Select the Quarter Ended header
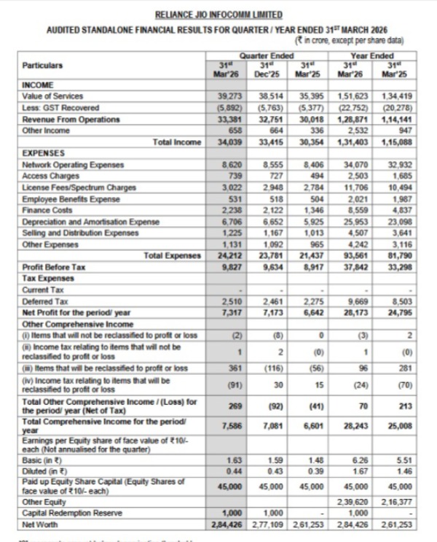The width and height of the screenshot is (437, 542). [261, 55]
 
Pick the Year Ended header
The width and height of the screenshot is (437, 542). [372, 55]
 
